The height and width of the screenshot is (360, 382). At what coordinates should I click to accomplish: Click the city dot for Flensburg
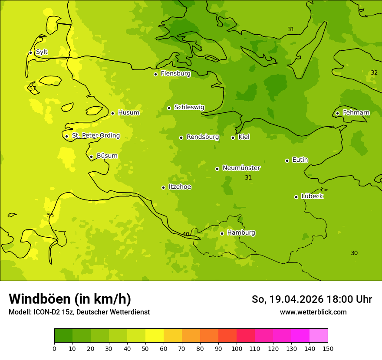155,74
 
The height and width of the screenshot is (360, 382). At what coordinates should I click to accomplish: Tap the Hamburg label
241,233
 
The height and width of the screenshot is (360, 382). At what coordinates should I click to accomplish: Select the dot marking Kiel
233,137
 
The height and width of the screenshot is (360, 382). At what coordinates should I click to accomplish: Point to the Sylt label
42,52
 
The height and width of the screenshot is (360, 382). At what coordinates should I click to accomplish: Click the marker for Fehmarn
337,113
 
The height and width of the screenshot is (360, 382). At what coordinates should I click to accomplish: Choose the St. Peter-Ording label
95,136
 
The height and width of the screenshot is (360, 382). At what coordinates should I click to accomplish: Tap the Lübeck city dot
296,197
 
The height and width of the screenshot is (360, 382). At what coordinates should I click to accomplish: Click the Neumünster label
241,168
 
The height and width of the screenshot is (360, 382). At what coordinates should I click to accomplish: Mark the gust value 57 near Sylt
33,89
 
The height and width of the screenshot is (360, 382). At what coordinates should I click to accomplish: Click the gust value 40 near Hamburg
186,234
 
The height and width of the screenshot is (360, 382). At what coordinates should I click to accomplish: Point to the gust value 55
50,215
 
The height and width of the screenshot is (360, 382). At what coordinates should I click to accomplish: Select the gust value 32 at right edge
374,72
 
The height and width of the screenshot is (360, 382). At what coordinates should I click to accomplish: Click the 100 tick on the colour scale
237,348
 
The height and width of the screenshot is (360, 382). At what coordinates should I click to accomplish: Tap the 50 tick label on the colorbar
145,348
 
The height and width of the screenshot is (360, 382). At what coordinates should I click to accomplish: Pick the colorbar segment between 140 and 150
319,336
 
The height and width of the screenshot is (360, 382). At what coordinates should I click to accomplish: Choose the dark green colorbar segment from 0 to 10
63,336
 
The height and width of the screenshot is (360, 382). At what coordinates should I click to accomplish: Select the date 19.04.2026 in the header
296,299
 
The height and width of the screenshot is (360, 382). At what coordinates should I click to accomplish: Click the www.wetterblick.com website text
313,312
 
